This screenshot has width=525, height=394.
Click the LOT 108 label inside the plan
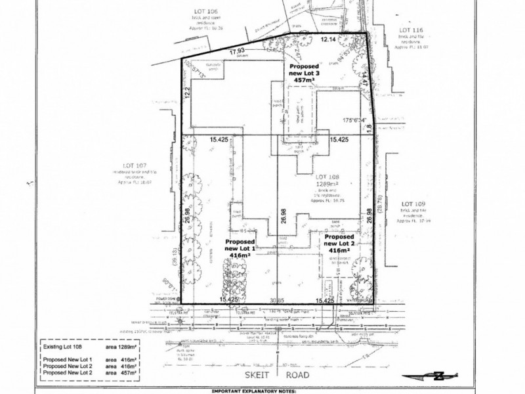329,177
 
